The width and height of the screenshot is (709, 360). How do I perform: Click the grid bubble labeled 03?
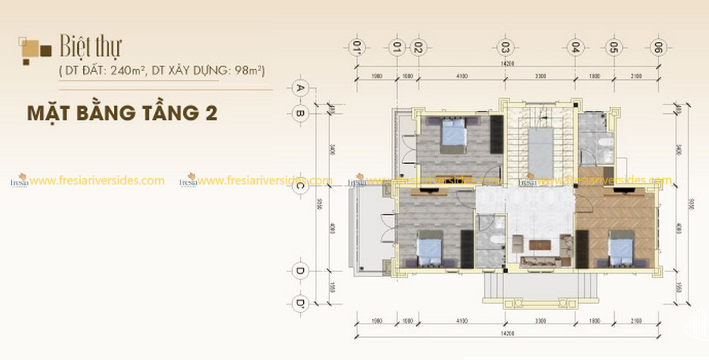(x=505, y=47)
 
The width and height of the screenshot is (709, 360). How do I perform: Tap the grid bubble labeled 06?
(x=656, y=47)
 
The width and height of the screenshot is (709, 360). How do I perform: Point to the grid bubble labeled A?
(x=300, y=88)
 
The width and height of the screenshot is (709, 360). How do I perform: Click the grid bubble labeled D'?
(x=300, y=302)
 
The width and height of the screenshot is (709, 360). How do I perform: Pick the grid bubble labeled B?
(x=300, y=113)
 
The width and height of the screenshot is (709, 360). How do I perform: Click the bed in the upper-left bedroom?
(x=453, y=135)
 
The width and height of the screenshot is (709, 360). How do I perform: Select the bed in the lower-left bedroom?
(x=428, y=250)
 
